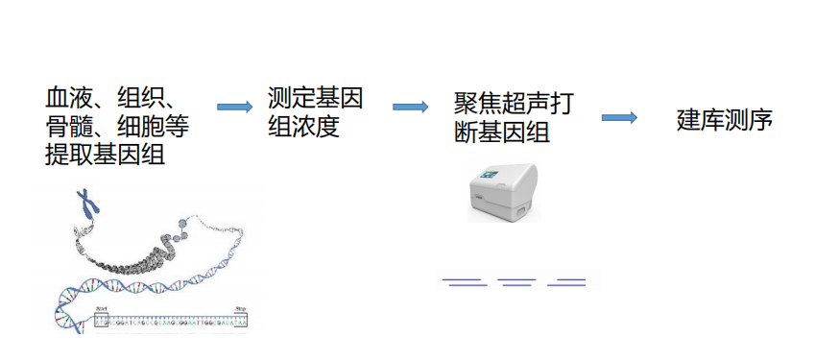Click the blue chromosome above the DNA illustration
point(89,203)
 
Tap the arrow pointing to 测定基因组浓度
point(235,107)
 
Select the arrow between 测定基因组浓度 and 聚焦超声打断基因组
point(410,107)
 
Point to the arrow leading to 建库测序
point(619,117)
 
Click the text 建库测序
point(725,120)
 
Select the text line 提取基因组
point(104,153)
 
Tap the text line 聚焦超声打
point(514,104)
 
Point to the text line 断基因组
point(501,132)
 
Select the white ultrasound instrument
point(506,192)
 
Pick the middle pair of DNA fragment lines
point(516,281)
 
